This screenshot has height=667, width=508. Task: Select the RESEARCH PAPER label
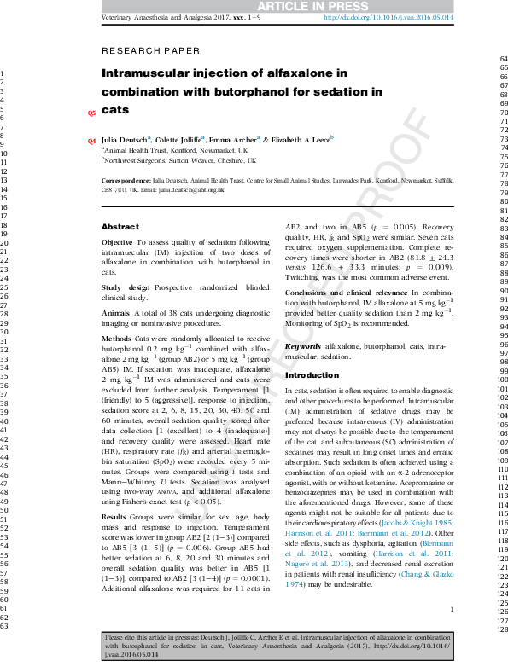click(150, 51)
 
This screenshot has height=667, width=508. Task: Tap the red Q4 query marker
click(92, 140)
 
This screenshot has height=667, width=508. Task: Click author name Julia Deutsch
click(125, 139)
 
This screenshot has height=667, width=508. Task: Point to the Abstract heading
click(120, 227)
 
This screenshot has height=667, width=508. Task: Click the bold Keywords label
click(303, 347)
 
